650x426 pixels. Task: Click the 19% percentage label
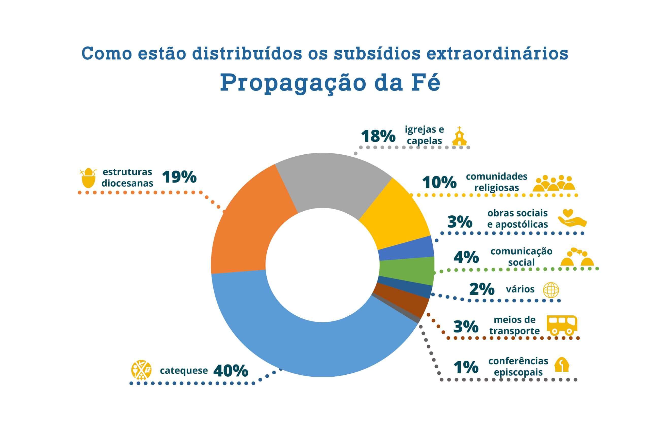click(x=180, y=177)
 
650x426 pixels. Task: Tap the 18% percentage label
click(x=378, y=136)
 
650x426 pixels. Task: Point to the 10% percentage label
click(x=440, y=183)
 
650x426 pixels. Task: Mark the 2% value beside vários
click(x=482, y=289)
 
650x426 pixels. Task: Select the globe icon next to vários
click(x=551, y=290)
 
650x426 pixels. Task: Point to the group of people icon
click(x=554, y=183)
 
